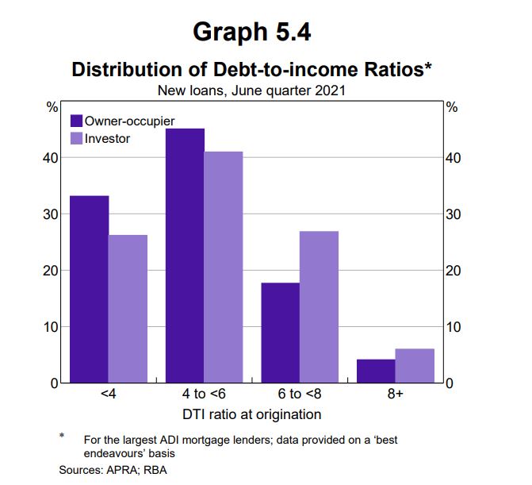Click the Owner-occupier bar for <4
(x=90, y=289)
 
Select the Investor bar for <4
(x=128, y=309)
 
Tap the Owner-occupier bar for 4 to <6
(x=185, y=256)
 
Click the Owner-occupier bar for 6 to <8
(x=281, y=333)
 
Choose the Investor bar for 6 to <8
(x=319, y=306)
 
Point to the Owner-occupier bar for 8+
(x=376, y=371)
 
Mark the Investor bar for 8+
(x=415, y=365)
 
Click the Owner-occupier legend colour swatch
(x=77, y=121)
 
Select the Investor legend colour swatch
(x=77, y=138)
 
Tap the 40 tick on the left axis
(x=51, y=158)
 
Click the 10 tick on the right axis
(x=453, y=326)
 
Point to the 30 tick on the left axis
(x=51, y=214)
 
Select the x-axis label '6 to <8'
(x=300, y=395)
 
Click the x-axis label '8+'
(x=396, y=395)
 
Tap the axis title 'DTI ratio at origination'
(x=252, y=414)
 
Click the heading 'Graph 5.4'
(x=251, y=32)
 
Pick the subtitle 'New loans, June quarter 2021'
(x=251, y=90)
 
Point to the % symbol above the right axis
(x=453, y=107)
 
